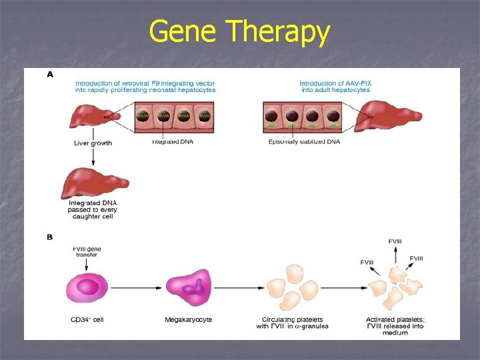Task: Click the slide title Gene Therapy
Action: [x=239, y=32]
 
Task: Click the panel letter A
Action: [x=50, y=75]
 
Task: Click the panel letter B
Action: [x=50, y=237]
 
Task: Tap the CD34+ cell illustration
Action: [x=87, y=289]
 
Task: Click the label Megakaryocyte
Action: [x=189, y=320]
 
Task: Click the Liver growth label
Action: [x=93, y=143]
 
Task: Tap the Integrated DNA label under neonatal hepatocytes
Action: [x=173, y=141]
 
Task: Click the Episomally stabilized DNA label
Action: [x=304, y=142]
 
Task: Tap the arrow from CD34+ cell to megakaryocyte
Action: [x=137, y=289]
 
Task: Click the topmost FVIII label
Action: [x=395, y=241]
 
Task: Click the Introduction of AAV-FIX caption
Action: [x=335, y=87]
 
